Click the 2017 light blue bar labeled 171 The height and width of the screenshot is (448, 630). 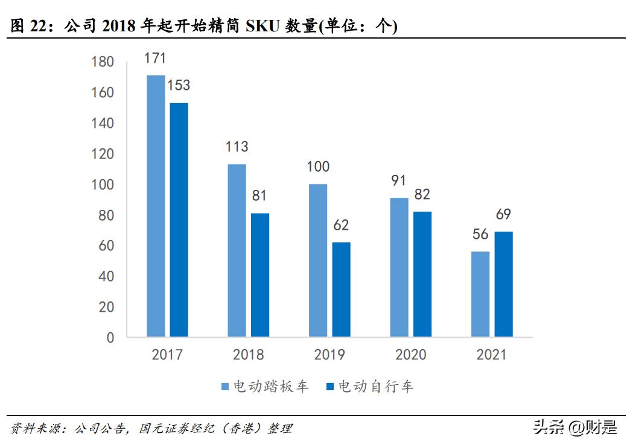[156, 206]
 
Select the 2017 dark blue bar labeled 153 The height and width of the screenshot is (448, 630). [179, 219]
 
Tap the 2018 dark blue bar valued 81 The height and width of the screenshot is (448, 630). [260, 275]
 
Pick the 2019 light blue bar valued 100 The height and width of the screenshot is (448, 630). [318, 260]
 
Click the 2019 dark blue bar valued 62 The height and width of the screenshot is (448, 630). [341, 289]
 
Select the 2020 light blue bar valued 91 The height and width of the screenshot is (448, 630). [399, 267]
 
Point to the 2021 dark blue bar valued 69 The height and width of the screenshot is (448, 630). [503, 284]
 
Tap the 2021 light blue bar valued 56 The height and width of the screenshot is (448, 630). [480, 294]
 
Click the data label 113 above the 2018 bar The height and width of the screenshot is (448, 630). [237, 147]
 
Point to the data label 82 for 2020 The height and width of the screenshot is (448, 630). [422, 194]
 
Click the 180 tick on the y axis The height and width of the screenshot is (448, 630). [102, 62]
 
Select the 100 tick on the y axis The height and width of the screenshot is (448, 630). [102, 185]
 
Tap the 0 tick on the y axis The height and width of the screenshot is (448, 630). [110, 338]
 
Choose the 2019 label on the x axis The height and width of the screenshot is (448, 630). [329, 355]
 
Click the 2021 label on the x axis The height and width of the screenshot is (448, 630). [492, 355]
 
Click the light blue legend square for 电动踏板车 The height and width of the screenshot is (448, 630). [225, 386]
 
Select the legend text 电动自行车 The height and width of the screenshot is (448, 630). [375, 386]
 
